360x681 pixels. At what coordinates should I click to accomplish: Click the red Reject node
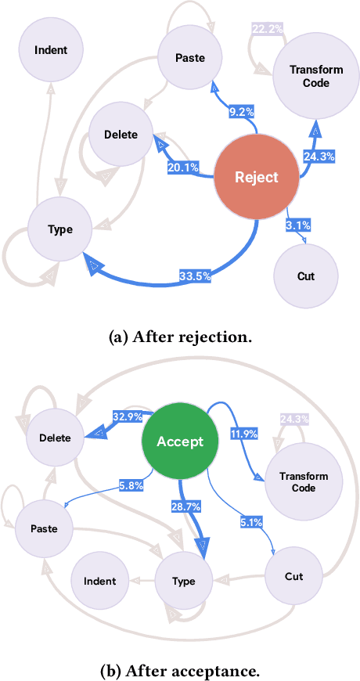[257, 177]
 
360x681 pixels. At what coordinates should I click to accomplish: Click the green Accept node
[180, 441]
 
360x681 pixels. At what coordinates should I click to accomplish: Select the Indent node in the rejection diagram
[51, 50]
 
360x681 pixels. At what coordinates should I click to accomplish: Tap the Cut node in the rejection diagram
[306, 276]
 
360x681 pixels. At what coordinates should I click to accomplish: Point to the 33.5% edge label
[193, 275]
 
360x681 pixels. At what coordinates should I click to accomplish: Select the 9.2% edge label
[242, 113]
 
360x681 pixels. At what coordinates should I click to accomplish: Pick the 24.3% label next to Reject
[319, 157]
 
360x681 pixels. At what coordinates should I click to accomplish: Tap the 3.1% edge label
[298, 225]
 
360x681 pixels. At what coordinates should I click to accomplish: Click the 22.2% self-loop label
[267, 29]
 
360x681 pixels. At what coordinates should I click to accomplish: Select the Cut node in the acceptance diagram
[293, 576]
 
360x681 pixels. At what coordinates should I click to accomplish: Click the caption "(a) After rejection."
[179, 338]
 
